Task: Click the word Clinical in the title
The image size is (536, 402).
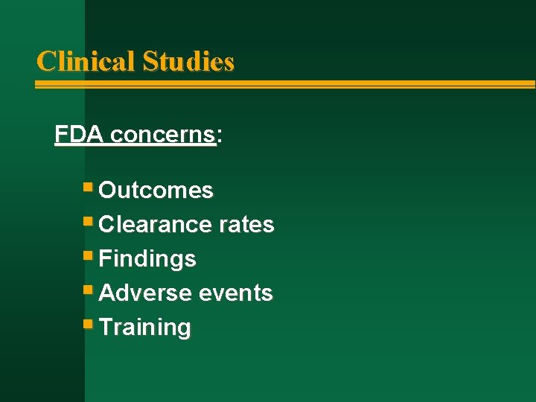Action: (86, 61)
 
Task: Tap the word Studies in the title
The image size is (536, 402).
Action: (188, 61)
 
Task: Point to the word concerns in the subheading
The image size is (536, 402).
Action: (162, 135)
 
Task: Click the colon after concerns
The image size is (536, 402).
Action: (220, 136)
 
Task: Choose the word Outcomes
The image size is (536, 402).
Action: (156, 191)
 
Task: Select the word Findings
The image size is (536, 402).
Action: (147, 258)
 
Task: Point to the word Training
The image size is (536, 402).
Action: (144, 327)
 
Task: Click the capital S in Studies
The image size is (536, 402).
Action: (150, 61)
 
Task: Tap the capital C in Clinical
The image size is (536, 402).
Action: (45, 61)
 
